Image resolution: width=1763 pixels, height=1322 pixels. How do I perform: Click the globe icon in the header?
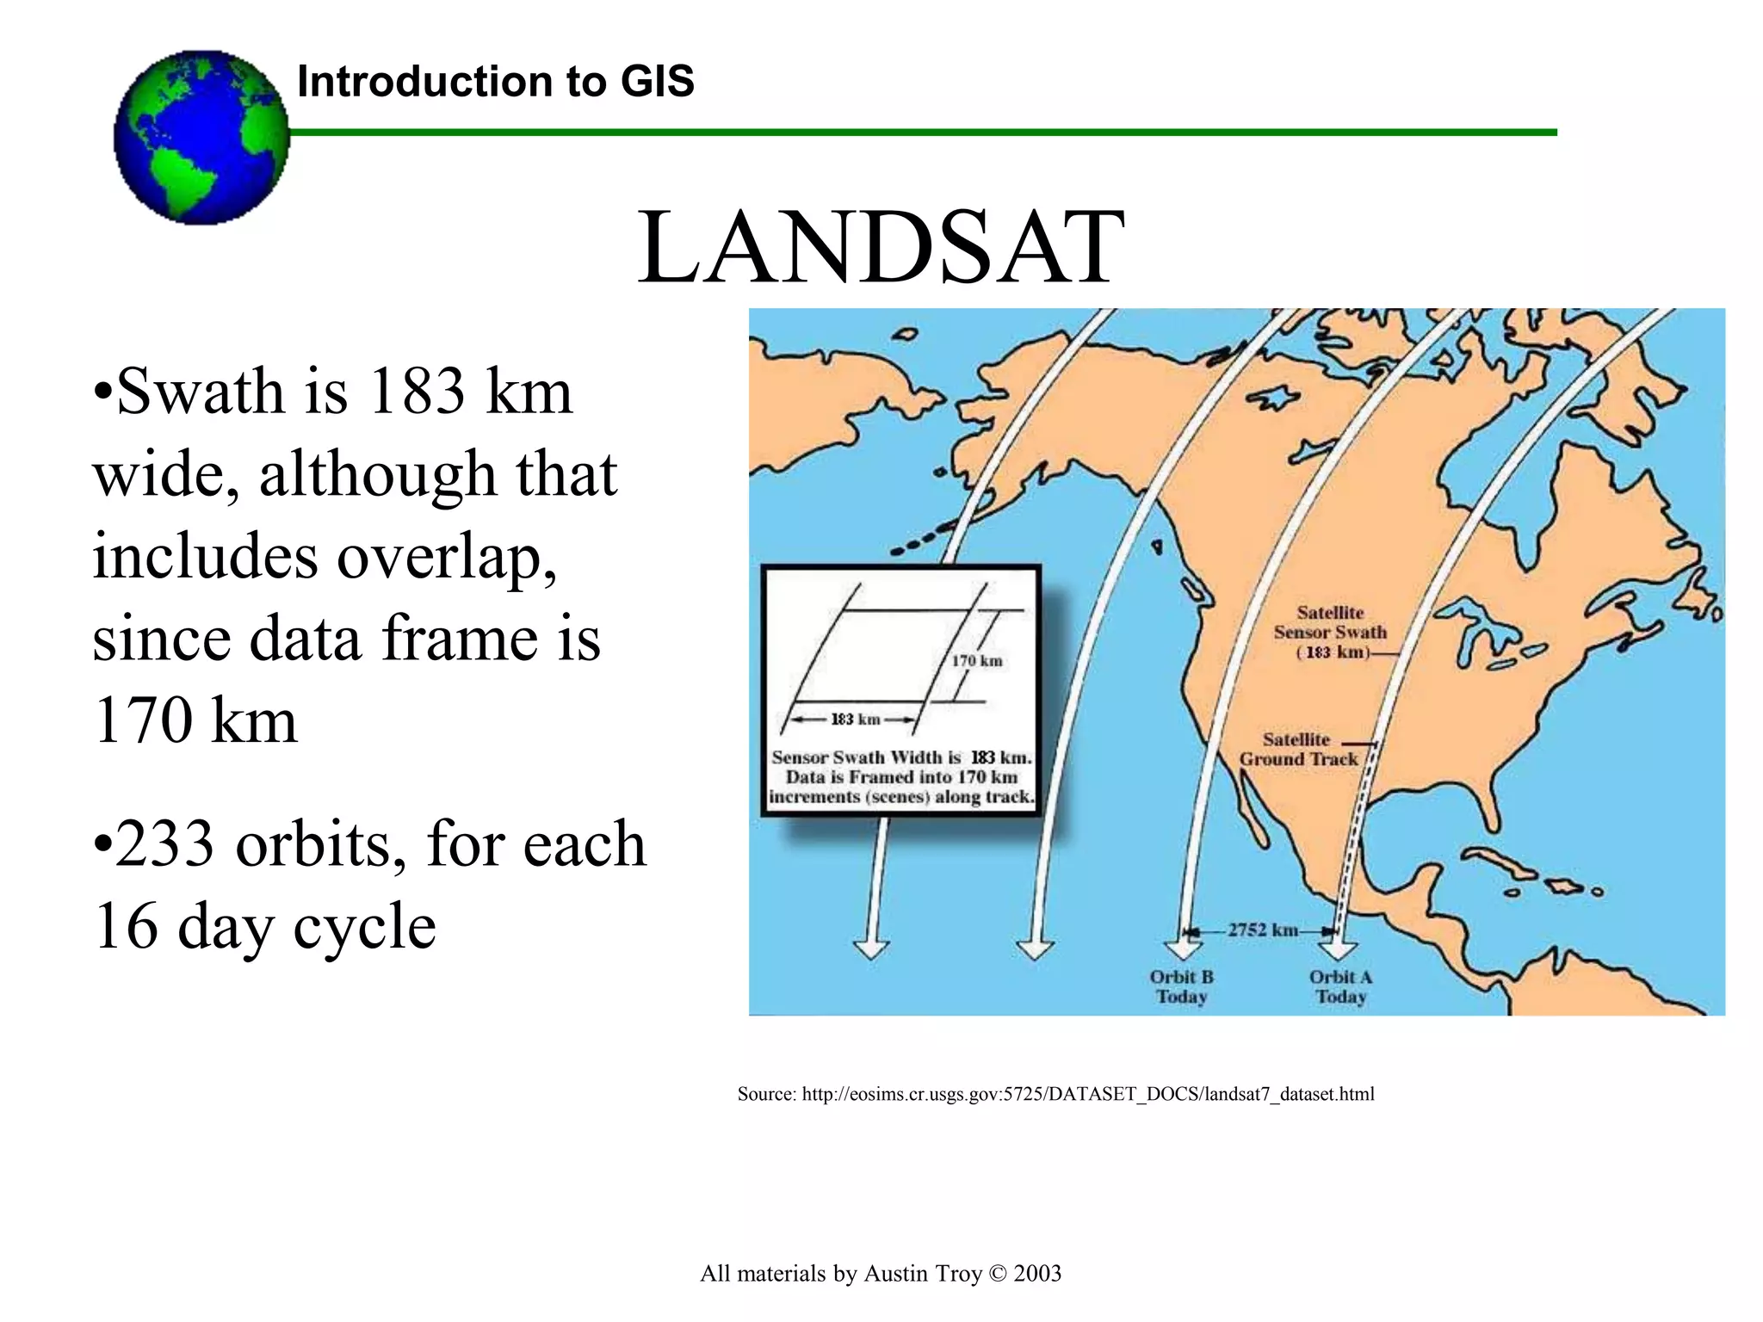coord(201,138)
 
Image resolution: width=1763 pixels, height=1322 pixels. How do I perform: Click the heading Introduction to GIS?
coord(495,82)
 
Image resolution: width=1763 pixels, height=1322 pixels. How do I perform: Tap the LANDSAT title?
coord(880,248)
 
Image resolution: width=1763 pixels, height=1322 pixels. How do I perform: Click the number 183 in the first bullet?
coord(416,392)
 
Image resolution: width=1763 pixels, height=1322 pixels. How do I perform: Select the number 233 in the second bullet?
coord(164,844)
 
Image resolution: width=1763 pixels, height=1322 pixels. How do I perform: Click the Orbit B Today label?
coord(1181,987)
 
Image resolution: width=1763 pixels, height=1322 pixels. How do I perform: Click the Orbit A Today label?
coord(1340,987)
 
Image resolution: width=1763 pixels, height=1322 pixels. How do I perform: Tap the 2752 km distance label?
coord(1262,930)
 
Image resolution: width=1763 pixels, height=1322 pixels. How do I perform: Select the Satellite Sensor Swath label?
coord(1330,633)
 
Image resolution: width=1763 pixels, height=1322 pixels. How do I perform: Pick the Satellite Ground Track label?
coord(1297,750)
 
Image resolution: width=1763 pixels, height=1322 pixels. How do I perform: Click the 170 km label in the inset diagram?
coord(976,661)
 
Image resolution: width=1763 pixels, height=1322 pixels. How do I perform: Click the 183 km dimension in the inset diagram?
coord(855,720)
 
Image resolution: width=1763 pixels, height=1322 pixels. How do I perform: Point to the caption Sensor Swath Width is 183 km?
coord(901,757)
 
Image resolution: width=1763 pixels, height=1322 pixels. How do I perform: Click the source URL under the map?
coord(1055,1094)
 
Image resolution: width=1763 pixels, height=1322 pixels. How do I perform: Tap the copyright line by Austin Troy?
coord(880,1274)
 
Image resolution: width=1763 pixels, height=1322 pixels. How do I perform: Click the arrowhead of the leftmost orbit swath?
coord(870,948)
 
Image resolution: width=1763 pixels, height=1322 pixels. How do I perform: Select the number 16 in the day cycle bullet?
coord(126,927)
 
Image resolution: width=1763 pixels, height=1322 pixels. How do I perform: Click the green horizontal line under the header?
coord(921,133)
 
